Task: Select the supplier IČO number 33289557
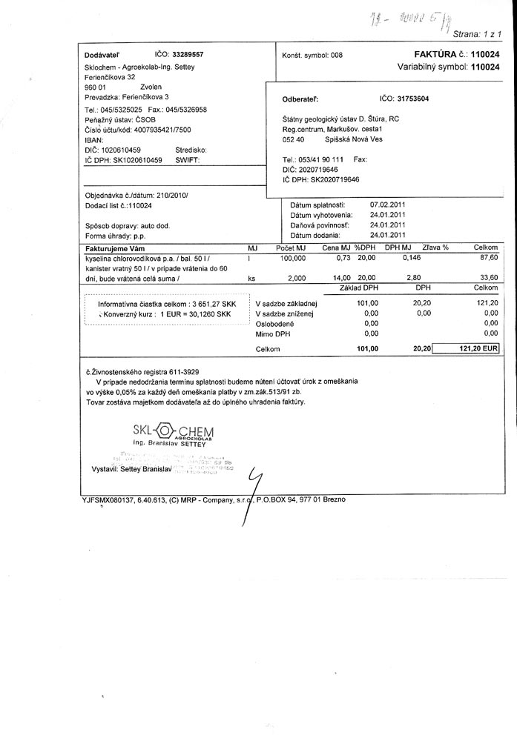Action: pyautogui.click(x=188, y=55)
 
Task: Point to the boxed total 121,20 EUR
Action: pyautogui.click(x=467, y=348)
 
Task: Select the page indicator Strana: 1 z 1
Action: pyautogui.click(x=477, y=34)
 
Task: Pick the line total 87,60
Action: pyautogui.click(x=487, y=258)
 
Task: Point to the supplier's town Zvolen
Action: pyautogui.click(x=151, y=87)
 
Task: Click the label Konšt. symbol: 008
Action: pyautogui.click(x=312, y=56)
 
